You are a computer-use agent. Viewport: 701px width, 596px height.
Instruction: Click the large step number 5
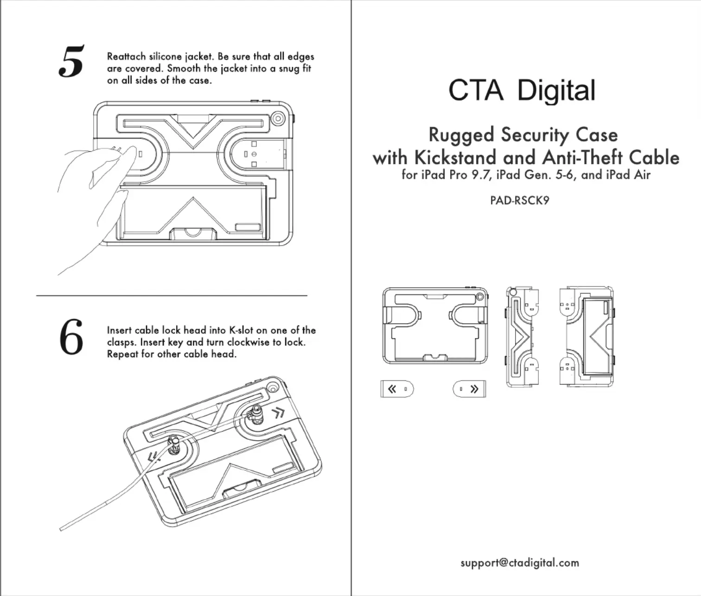(71, 61)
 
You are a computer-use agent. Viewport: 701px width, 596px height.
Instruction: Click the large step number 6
(71, 337)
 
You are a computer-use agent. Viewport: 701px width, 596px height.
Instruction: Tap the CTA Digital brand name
(522, 90)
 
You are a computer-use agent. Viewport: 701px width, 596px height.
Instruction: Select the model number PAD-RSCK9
(520, 200)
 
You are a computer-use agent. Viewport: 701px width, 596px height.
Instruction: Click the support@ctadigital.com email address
(520, 563)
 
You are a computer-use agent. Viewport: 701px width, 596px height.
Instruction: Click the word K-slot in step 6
(241, 330)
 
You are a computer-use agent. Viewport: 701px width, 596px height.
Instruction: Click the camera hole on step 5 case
(278, 119)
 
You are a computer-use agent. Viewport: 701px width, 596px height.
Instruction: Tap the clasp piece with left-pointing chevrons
(397, 389)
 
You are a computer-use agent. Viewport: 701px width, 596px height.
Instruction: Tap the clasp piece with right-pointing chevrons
(469, 389)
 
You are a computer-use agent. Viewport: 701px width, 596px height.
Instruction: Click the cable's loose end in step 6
(61, 528)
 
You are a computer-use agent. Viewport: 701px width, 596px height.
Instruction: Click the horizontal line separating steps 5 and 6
(172, 296)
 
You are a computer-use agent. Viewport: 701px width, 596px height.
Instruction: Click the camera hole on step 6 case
(273, 387)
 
